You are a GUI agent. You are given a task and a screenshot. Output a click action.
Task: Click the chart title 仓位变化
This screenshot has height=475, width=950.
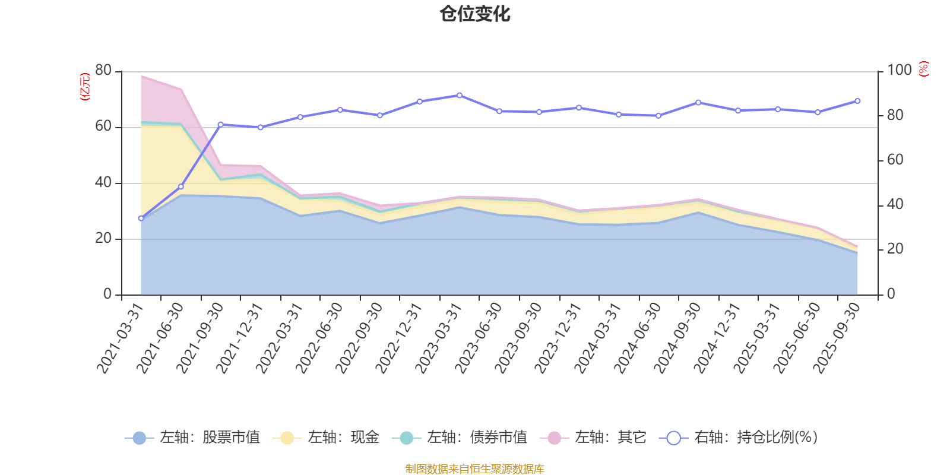tap(475, 14)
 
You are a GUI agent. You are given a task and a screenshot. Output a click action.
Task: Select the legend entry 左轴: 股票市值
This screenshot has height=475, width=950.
tap(193, 438)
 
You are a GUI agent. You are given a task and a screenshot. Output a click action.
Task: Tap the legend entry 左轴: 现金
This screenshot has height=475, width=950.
tap(326, 438)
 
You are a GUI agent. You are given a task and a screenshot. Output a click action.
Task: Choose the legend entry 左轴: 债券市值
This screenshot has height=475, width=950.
tap(460, 438)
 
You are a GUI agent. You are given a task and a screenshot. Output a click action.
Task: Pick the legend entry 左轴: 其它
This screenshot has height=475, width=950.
tap(593, 438)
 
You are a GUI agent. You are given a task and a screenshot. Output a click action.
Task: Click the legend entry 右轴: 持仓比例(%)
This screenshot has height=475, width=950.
tap(739, 438)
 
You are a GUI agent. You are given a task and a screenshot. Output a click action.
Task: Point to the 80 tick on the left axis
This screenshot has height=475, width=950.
tap(103, 70)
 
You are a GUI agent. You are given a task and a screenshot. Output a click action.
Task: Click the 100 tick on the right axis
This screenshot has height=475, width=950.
tap(899, 70)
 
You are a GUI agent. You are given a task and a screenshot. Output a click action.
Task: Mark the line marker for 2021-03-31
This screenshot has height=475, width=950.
tap(141, 218)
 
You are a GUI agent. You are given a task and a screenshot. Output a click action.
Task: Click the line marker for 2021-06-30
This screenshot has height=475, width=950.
tap(180, 186)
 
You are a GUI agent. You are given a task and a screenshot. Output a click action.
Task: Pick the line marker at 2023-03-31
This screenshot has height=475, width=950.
tap(460, 95)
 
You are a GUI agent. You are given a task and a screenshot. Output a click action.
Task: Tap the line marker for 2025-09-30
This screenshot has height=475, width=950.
tap(857, 101)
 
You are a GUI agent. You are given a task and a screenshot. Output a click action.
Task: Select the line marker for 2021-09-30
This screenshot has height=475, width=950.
tap(220, 125)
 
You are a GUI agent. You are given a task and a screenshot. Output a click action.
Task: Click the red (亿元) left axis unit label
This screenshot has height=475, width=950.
tap(85, 87)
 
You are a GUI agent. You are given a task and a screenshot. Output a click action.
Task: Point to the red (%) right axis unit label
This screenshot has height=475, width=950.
tap(924, 69)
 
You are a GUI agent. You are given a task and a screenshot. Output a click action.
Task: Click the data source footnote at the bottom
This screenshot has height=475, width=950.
tap(475, 469)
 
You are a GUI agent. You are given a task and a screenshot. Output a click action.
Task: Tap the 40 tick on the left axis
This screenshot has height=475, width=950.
tap(103, 182)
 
